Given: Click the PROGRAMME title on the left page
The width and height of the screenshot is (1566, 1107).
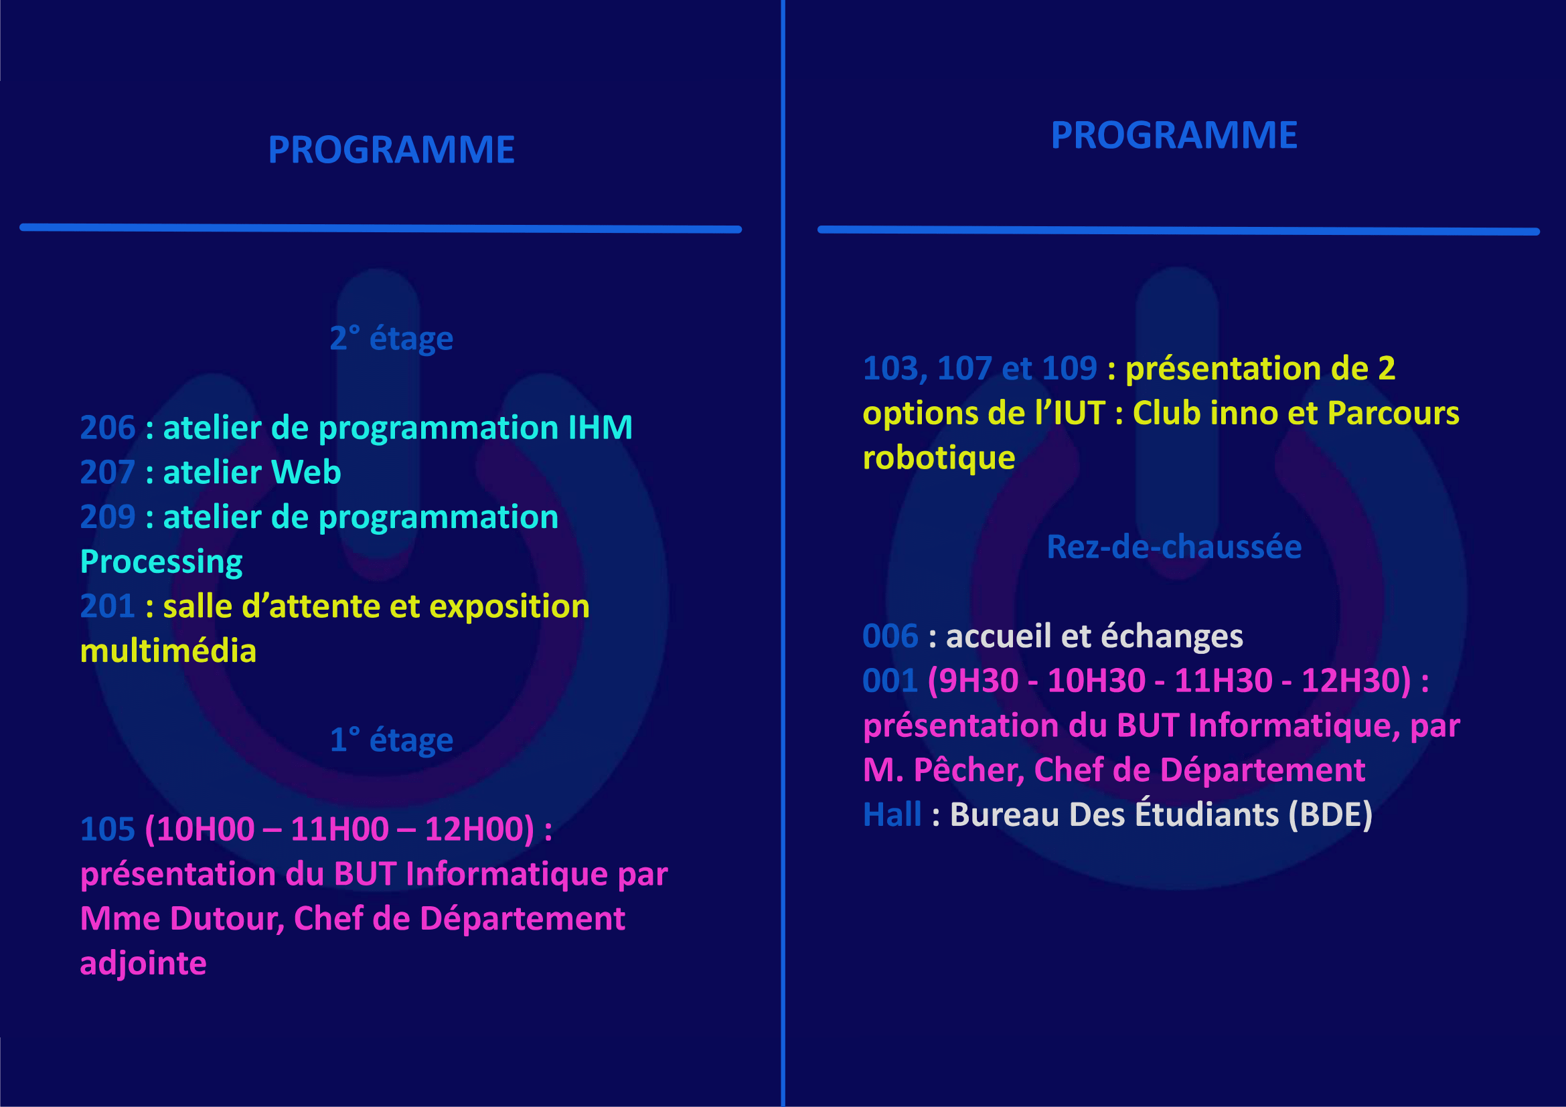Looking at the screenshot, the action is coord(391,150).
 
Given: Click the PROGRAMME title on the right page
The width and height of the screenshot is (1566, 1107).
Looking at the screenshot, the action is coord(1174,136).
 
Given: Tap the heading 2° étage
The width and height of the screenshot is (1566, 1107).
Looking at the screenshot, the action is coord(392,339).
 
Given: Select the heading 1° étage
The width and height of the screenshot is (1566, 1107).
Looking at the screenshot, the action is coord(392,740).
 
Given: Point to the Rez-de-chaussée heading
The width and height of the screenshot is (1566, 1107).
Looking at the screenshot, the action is coord(1174,547).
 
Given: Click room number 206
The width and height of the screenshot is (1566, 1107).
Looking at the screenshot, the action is coord(108,428).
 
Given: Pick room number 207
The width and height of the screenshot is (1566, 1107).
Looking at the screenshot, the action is coord(108,473).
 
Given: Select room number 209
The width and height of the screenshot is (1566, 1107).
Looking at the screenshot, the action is coord(108,517).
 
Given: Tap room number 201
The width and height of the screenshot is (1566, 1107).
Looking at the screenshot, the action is coord(108,606).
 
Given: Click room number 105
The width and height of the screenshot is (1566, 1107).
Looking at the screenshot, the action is coord(108,829).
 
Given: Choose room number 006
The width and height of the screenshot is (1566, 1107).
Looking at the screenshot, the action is coord(890,636).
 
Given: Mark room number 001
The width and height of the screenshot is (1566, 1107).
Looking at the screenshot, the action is coord(890,681).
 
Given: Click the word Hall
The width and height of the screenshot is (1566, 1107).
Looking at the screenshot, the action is coord(892,815).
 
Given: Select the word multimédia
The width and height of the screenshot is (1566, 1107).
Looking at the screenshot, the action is coord(169,651).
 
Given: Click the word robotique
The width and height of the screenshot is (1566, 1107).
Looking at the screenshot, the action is coord(939,458).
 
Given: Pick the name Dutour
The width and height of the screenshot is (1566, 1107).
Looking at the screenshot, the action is coord(226,920).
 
